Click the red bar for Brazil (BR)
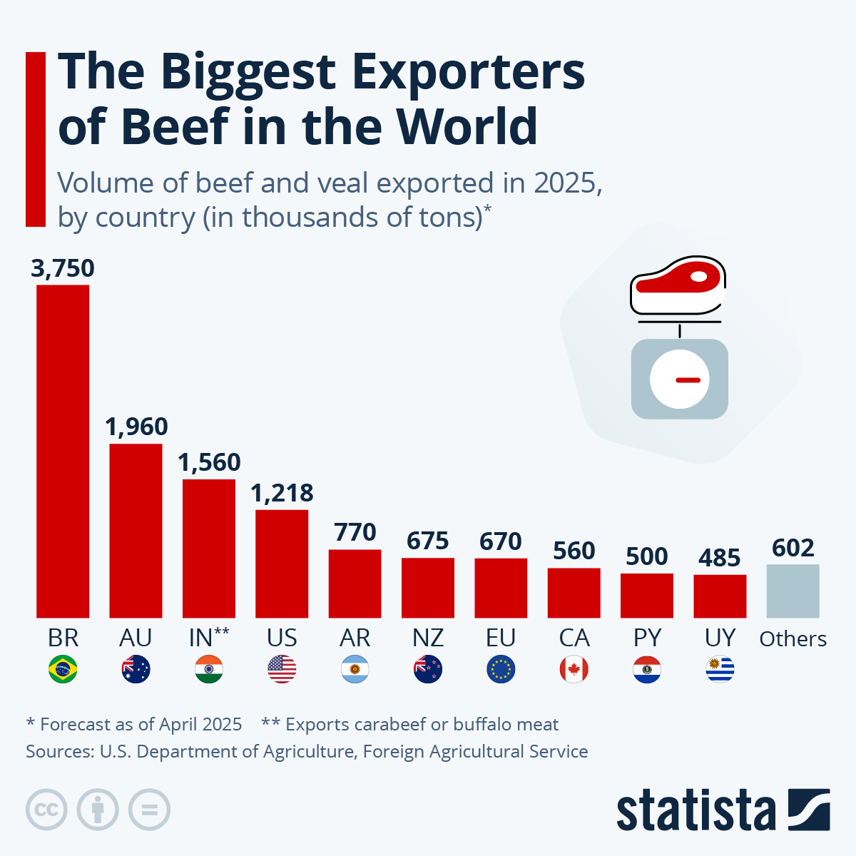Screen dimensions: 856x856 click(63, 451)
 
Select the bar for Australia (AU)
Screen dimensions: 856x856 click(136, 530)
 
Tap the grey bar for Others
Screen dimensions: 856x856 click(793, 591)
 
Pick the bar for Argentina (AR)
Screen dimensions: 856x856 click(355, 583)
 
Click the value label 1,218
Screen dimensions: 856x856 click(282, 493)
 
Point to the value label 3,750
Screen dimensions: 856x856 click(63, 268)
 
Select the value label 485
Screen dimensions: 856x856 click(719, 558)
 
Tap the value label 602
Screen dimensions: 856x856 click(793, 548)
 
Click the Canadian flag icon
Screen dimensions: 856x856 click(574, 669)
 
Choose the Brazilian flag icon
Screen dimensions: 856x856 click(63, 669)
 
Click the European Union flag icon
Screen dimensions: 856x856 click(501, 669)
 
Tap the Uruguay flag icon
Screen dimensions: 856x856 click(720, 669)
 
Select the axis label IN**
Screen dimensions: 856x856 click(208, 637)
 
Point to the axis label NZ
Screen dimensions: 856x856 click(428, 637)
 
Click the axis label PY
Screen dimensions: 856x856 click(647, 637)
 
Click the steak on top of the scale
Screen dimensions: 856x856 click(678, 284)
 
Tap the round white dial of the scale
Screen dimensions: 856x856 click(680, 379)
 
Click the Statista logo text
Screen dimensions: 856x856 click(695, 810)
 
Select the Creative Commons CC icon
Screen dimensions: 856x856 click(46, 810)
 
